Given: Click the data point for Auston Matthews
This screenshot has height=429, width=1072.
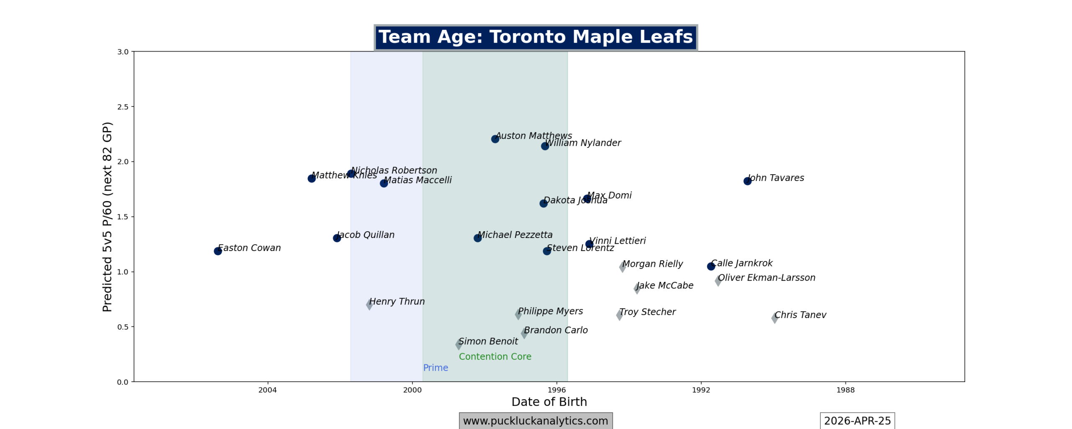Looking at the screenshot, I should pyautogui.click(x=495, y=139).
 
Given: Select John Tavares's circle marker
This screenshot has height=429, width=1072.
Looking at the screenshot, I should pyautogui.click(x=747, y=181).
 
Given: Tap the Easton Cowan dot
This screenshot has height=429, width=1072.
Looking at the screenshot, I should pyautogui.click(x=218, y=251).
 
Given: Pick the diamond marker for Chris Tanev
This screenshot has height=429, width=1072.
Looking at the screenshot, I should pyautogui.click(x=775, y=318).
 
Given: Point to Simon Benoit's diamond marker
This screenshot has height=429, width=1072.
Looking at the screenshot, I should pyautogui.click(x=459, y=344).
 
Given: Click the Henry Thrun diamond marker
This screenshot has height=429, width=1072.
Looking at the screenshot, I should pyautogui.click(x=369, y=304).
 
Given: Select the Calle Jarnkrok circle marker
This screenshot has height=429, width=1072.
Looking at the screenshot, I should pyautogui.click(x=711, y=266).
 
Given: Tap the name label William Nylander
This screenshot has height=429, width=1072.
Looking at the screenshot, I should pyautogui.click(x=583, y=143).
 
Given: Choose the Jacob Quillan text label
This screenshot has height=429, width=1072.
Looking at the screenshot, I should pyautogui.click(x=366, y=235).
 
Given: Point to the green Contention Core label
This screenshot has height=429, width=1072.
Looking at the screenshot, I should pyautogui.click(x=495, y=357).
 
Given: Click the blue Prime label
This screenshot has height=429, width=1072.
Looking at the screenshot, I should pyautogui.click(x=435, y=368).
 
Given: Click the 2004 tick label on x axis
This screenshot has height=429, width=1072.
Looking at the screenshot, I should pyautogui.click(x=268, y=390).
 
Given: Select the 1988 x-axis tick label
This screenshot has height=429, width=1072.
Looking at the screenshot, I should pyautogui.click(x=845, y=390).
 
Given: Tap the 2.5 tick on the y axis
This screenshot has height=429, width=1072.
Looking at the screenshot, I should pyautogui.click(x=123, y=107).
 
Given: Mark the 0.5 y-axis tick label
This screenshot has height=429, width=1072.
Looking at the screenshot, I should pyautogui.click(x=123, y=327).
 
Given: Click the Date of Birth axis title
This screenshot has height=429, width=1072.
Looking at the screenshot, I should pyautogui.click(x=549, y=402).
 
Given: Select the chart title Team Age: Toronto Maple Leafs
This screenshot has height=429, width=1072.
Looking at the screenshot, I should pyautogui.click(x=536, y=37).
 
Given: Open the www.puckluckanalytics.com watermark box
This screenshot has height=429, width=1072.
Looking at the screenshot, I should pyautogui.click(x=536, y=421).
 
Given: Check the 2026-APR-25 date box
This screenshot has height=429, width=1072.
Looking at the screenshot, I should pyautogui.click(x=857, y=421).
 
